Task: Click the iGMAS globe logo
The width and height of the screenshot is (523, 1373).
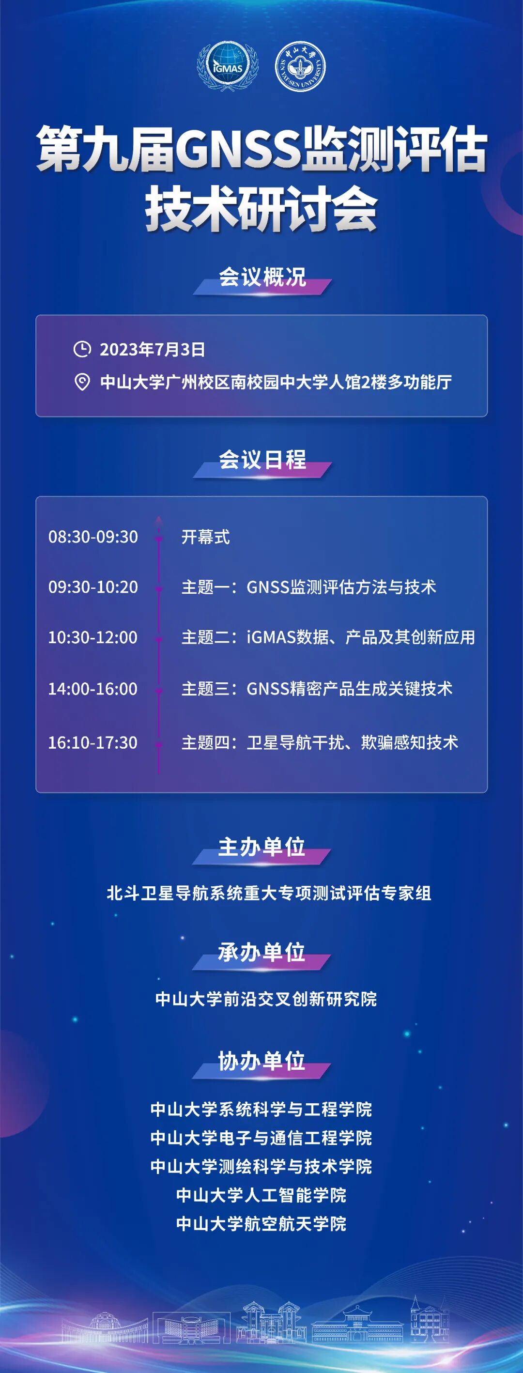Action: (228, 67)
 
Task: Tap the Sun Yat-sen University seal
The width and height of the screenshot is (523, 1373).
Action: (300, 67)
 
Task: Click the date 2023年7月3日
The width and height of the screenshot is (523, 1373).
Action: (153, 350)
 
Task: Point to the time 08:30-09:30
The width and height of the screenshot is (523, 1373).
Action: (93, 537)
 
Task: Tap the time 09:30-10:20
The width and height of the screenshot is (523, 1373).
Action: (93, 587)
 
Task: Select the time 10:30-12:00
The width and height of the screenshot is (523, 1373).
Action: (93, 637)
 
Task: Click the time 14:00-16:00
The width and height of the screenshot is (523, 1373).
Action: (93, 689)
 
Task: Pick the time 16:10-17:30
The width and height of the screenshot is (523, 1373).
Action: (93, 742)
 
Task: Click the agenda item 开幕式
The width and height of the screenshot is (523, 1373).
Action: (206, 537)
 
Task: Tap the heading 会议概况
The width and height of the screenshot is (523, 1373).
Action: (262, 277)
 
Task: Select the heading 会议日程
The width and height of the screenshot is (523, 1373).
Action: (262, 460)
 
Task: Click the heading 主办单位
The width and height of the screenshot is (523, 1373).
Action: (262, 847)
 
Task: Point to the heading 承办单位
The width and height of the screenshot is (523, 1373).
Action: (262, 952)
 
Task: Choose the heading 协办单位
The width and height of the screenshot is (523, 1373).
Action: (262, 1061)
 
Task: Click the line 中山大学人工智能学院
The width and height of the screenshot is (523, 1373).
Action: (261, 1195)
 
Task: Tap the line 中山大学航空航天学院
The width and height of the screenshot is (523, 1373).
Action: (261, 1223)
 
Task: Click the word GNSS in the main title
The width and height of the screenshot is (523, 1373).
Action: (238, 152)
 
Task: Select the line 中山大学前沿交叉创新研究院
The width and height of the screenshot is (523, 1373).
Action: (266, 998)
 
